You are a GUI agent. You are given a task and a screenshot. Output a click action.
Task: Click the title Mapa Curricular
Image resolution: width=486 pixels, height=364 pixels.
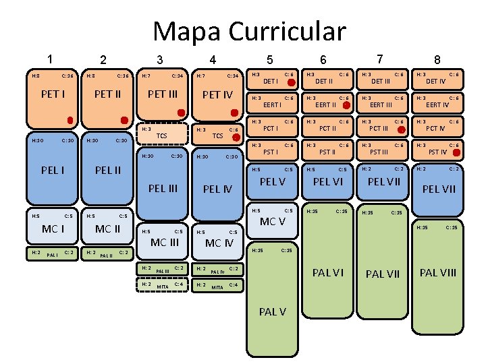(x=249, y=31)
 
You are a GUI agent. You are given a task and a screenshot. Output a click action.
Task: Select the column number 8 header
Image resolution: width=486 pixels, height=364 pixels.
(x=437, y=61)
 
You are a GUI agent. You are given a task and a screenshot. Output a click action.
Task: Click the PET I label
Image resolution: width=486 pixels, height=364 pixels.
(x=53, y=94)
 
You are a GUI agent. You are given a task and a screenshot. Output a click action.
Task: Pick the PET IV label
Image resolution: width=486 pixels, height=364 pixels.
(x=218, y=95)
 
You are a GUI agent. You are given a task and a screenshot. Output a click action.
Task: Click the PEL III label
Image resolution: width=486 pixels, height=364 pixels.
(x=163, y=188)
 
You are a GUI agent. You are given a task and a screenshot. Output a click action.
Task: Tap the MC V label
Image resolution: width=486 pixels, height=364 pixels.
(x=273, y=222)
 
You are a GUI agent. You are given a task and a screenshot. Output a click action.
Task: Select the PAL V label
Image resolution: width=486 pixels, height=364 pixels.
(x=273, y=311)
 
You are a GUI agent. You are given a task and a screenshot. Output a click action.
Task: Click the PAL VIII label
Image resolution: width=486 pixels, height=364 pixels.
(x=438, y=272)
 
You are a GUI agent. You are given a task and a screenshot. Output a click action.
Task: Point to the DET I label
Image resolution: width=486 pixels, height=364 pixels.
(x=271, y=82)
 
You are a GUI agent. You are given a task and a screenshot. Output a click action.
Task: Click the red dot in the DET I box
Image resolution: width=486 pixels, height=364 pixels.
(x=290, y=83)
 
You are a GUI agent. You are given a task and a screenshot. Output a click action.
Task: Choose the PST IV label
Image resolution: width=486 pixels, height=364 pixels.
(x=438, y=152)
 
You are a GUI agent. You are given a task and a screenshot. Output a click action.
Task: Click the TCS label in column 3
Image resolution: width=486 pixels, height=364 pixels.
(x=161, y=135)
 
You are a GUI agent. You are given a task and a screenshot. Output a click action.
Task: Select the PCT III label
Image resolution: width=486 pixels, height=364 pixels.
(x=382, y=128)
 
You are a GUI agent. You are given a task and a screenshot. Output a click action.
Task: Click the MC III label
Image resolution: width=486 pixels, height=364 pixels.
(x=164, y=242)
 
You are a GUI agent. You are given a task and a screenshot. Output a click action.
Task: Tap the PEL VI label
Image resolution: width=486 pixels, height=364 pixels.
(x=327, y=181)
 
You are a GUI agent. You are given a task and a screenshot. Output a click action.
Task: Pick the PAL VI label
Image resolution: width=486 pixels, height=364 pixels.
(x=327, y=272)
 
